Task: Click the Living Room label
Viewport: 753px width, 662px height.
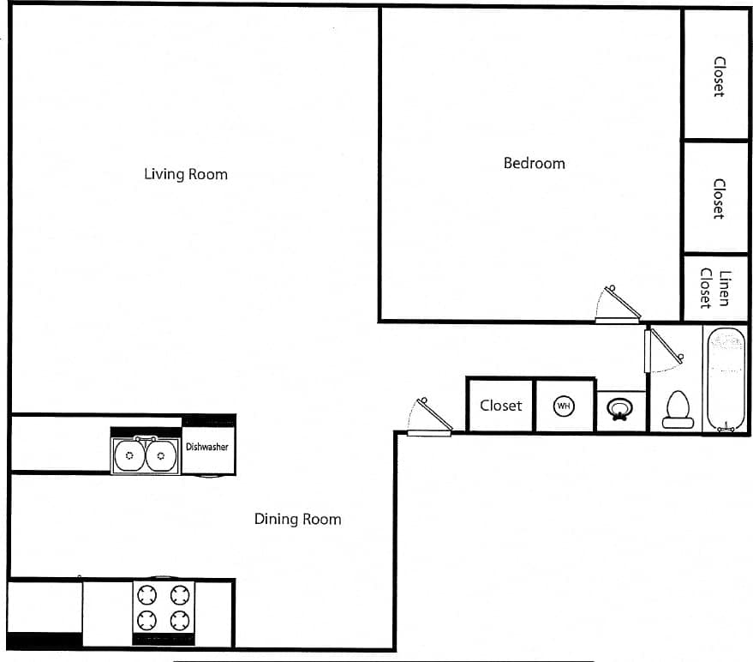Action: (x=186, y=174)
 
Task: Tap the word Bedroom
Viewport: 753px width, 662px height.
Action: (x=534, y=163)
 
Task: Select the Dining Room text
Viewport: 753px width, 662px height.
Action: (x=297, y=519)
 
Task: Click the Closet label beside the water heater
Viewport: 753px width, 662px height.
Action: (x=500, y=406)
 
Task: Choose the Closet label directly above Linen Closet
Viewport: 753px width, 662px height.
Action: (x=719, y=198)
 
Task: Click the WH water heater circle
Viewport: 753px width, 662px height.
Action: (x=564, y=406)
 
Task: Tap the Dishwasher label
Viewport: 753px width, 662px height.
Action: (x=207, y=447)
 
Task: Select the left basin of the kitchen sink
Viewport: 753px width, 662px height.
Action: (x=129, y=455)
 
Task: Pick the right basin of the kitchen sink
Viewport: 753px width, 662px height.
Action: (x=160, y=455)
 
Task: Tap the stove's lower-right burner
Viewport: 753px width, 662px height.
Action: (x=179, y=620)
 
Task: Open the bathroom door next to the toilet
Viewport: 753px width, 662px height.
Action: (x=662, y=350)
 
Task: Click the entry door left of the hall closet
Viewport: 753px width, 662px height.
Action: (x=429, y=418)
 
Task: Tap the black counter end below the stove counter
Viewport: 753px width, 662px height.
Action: (x=44, y=640)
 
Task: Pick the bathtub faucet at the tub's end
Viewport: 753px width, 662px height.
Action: (x=726, y=426)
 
